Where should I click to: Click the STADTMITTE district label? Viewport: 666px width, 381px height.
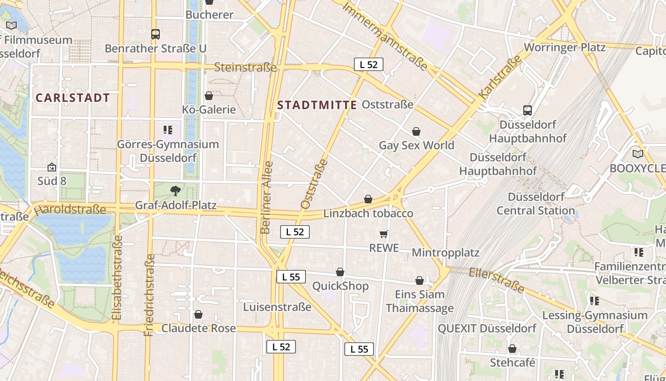coord(317,105)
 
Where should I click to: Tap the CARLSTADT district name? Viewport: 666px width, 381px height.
coord(73,98)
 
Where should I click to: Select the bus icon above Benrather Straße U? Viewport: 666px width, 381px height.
coord(156,34)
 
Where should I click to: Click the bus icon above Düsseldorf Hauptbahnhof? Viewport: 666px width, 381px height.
coord(528,110)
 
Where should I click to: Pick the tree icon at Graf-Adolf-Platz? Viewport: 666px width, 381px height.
coord(176,191)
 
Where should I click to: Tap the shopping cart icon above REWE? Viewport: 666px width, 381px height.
coord(384,234)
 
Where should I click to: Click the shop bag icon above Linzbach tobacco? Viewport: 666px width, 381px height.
coord(368,199)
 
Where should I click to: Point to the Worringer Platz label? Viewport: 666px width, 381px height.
coord(565,47)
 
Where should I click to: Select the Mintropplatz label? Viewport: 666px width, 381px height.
coord(445,252)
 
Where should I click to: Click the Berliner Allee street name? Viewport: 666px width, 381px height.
coord(267,198)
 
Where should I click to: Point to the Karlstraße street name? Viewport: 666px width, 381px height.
coord(499,79)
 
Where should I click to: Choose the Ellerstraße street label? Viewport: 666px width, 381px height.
coord(496,280)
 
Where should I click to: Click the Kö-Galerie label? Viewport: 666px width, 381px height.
coord(209,110)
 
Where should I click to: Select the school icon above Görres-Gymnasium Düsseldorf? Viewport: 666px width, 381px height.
coord(167,130)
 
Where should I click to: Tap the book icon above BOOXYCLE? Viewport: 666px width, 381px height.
coord(637,154)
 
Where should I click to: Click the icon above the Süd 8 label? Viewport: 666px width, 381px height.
coord(52,167)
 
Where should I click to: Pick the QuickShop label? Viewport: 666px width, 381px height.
coord(340,286)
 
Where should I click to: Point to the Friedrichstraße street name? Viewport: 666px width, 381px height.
coord(150,295)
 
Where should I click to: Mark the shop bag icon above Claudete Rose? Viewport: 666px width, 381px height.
coord(198,314)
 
